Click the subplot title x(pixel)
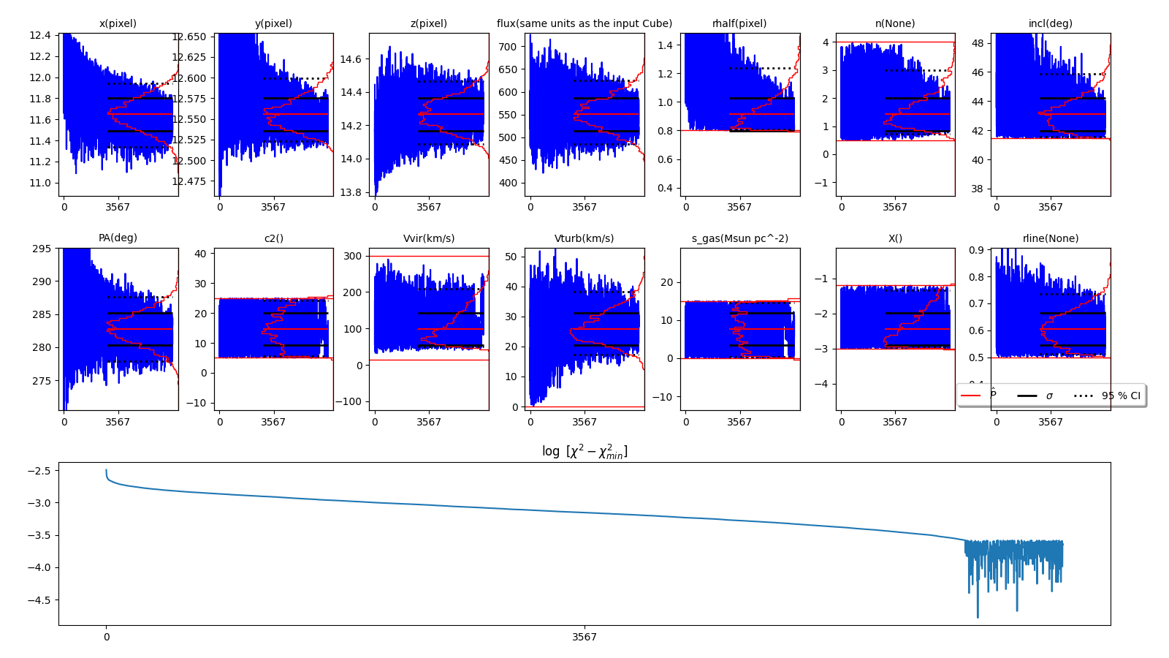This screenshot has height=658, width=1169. [118, 23]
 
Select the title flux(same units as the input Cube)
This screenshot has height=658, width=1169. [584, 23]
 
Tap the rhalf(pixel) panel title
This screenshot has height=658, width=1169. [739, 23]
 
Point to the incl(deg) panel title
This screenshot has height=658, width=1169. [1050, 23]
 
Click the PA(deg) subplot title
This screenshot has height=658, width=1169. [118, 238]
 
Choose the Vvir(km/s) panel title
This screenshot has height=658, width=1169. [428, 238]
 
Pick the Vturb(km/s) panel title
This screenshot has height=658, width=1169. [584, 238]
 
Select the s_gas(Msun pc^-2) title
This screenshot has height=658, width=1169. [739, 238]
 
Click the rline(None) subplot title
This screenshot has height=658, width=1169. [1050, 238]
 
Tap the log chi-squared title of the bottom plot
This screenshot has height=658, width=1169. [584, 452]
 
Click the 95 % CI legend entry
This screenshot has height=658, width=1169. [1120, 396]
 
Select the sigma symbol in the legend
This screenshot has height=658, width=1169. [1049, 396]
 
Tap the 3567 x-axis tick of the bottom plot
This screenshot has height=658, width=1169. [584, 637]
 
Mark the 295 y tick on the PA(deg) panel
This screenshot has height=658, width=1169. [41, 249]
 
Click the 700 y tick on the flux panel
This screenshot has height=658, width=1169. [507, 47]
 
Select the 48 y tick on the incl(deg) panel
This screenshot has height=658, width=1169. [978, 43]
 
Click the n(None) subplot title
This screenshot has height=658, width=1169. [894, 23]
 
